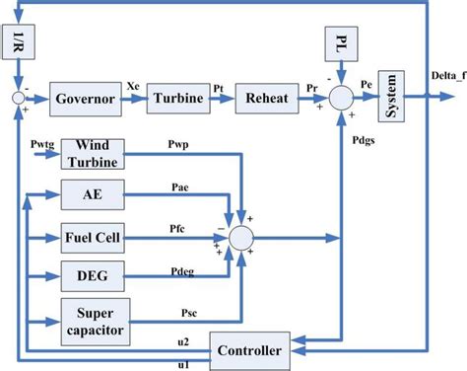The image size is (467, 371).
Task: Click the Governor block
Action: pos(87,100)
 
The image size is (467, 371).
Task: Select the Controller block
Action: pos(250,351)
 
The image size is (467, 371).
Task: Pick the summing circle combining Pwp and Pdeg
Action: pos(239,237)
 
